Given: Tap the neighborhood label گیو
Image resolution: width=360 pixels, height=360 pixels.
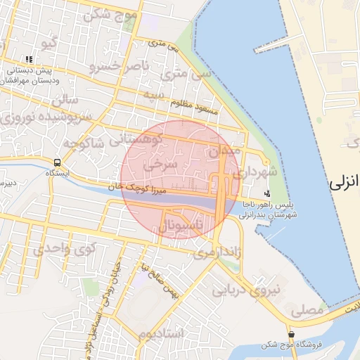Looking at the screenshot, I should [x=49, y=44].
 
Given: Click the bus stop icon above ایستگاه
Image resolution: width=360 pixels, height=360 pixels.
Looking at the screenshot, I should [x=57, y=163].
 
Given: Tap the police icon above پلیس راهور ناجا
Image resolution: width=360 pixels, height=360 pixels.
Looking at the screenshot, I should [x=266, y=193].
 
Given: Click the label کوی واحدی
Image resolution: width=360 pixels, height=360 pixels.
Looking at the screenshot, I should [x=64, y=248].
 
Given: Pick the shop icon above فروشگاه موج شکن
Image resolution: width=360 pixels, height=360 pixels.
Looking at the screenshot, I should [x=291, y=333].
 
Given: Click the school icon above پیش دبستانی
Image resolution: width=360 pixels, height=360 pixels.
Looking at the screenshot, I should [x=29, y=60].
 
